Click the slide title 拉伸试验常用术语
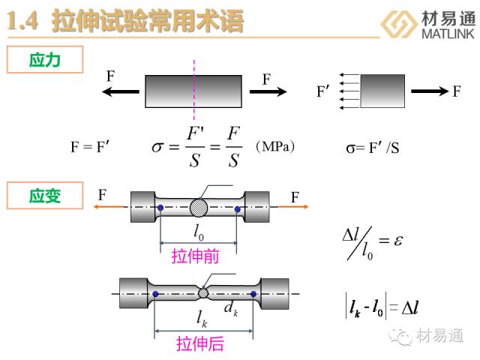pos(148,21)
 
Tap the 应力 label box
pos(44,61)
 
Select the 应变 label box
pos(44,196)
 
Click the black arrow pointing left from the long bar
pos(120,91)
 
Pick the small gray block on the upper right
pos(382,91)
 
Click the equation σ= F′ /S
pos(373,148)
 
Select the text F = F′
pos(91,148)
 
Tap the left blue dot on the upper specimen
pos(160,207)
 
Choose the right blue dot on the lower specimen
pos(253,293)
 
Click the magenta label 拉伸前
pos(195,256)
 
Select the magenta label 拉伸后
pos(200,344)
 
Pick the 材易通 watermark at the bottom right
pos(440,334)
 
